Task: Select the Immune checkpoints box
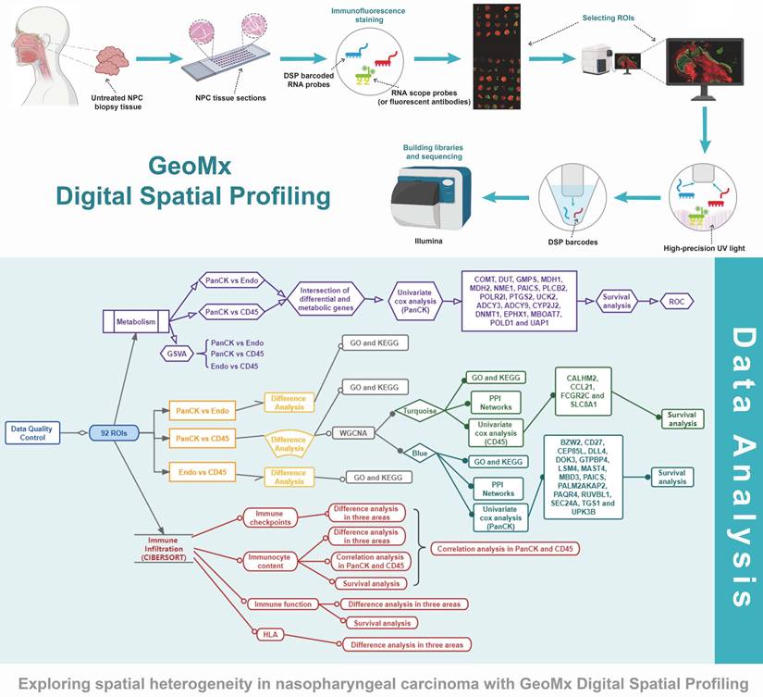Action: coord(270,517)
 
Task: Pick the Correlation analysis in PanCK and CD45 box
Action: coord(503,549)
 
